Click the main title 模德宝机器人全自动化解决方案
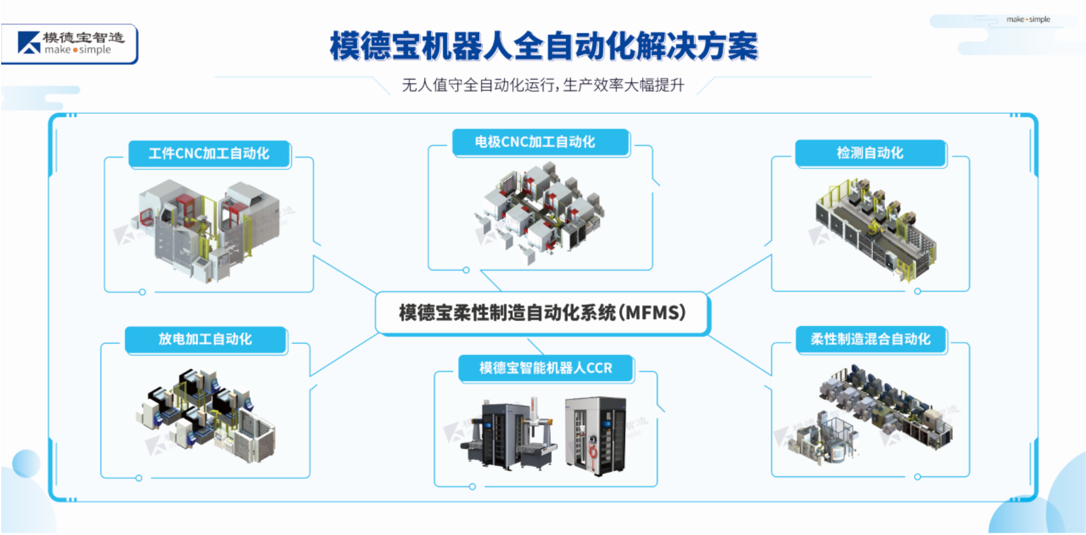[x=544, y=46]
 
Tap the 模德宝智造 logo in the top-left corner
[x=70, y=44]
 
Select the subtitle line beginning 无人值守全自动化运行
[x=543, y=85]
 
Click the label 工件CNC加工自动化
[x=209, y=154]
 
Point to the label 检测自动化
[x=870, y=153]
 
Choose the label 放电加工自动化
[x=205, y=339]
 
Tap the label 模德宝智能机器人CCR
[x=546, y=368]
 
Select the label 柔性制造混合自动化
[x=870, y=339]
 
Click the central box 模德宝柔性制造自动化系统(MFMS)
[x=542, y=313]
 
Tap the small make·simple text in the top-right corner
[x=1028, y=19]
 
